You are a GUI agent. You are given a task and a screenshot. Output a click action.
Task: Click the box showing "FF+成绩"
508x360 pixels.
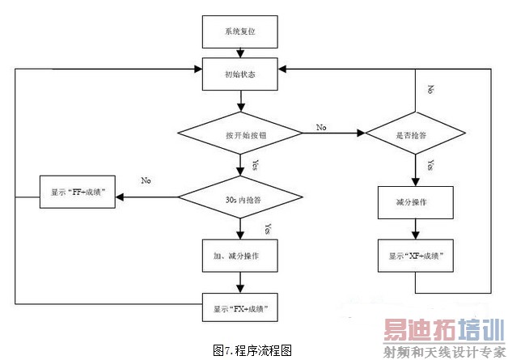pyautogui.click(x=78, y=195)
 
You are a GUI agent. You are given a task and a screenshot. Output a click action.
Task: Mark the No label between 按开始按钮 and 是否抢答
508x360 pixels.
pyautogui.click(x=320, y=128)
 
